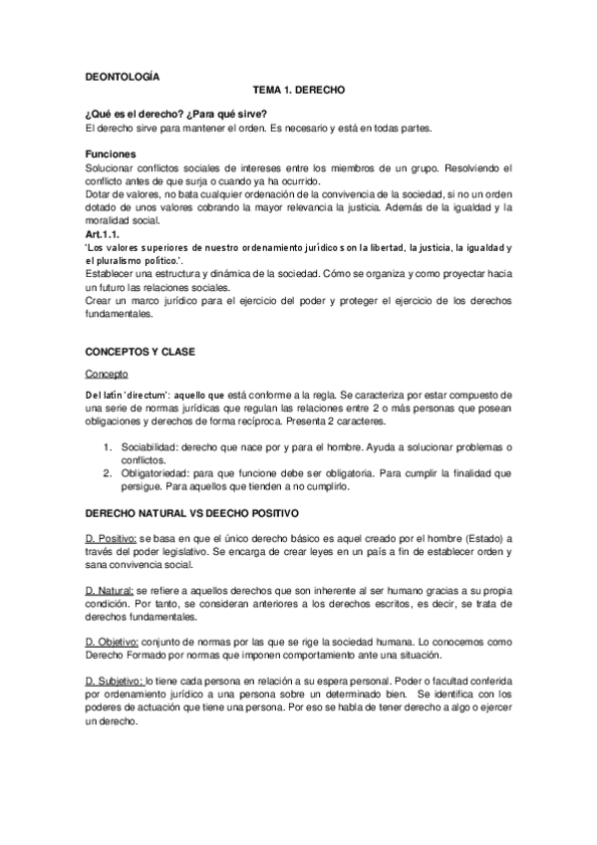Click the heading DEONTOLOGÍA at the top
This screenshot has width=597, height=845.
pos(122,75)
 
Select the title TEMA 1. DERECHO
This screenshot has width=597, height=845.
pos(298,90)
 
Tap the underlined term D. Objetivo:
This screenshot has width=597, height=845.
pos(117,644)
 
